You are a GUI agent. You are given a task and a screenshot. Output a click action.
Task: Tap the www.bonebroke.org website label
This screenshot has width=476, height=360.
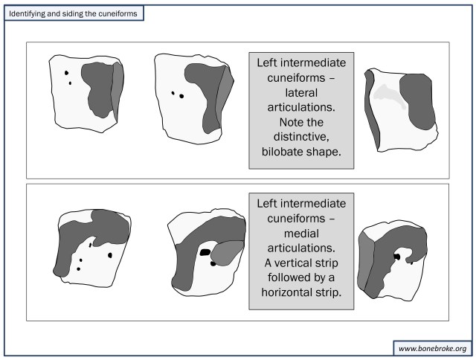point(431,347)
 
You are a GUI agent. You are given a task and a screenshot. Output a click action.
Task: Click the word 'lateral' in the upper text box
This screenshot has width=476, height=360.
point(301,92)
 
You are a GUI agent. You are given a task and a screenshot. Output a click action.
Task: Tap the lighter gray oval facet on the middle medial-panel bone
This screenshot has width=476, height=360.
point(226,253)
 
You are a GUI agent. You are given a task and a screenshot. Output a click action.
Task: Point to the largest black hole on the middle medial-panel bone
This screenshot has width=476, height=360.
point(204,253)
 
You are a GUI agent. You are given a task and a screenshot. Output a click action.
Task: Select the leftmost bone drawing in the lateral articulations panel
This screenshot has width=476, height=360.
point(83,91)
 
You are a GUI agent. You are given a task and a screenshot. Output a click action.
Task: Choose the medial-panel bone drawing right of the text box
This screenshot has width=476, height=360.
point(393,260)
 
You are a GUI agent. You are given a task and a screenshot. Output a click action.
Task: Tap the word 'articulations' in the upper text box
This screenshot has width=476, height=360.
point(301,108)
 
